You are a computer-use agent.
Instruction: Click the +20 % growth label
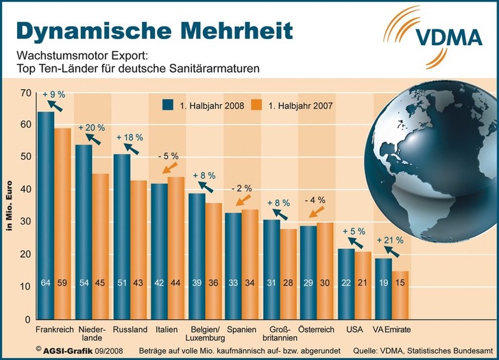click(x=91, y=128)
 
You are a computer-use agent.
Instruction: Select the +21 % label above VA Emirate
click(x=391, y=241)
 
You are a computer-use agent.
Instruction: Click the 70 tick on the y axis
click(x=27, y=93)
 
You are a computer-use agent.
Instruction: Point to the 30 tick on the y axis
click(x=27, y=222)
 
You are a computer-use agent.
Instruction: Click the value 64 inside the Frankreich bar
click(x=46, y=302)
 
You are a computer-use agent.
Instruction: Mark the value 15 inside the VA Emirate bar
click(x=402, y=302)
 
